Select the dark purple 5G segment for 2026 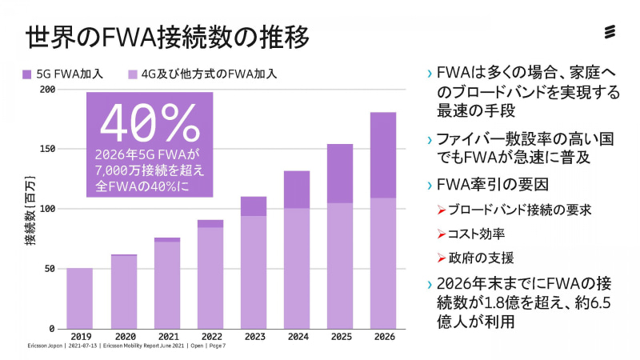tap(383, 154)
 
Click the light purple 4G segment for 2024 tap(297, 268)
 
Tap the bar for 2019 tap(79, 298)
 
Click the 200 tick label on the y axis tap(48, 89)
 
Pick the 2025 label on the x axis tap(340, 336)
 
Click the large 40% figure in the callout tap(150, 122)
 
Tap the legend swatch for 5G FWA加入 tap(26, 74)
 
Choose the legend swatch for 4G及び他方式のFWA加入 tap(133, 74)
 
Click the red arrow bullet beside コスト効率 tap(442, 234)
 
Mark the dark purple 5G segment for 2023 tap(253, 206)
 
